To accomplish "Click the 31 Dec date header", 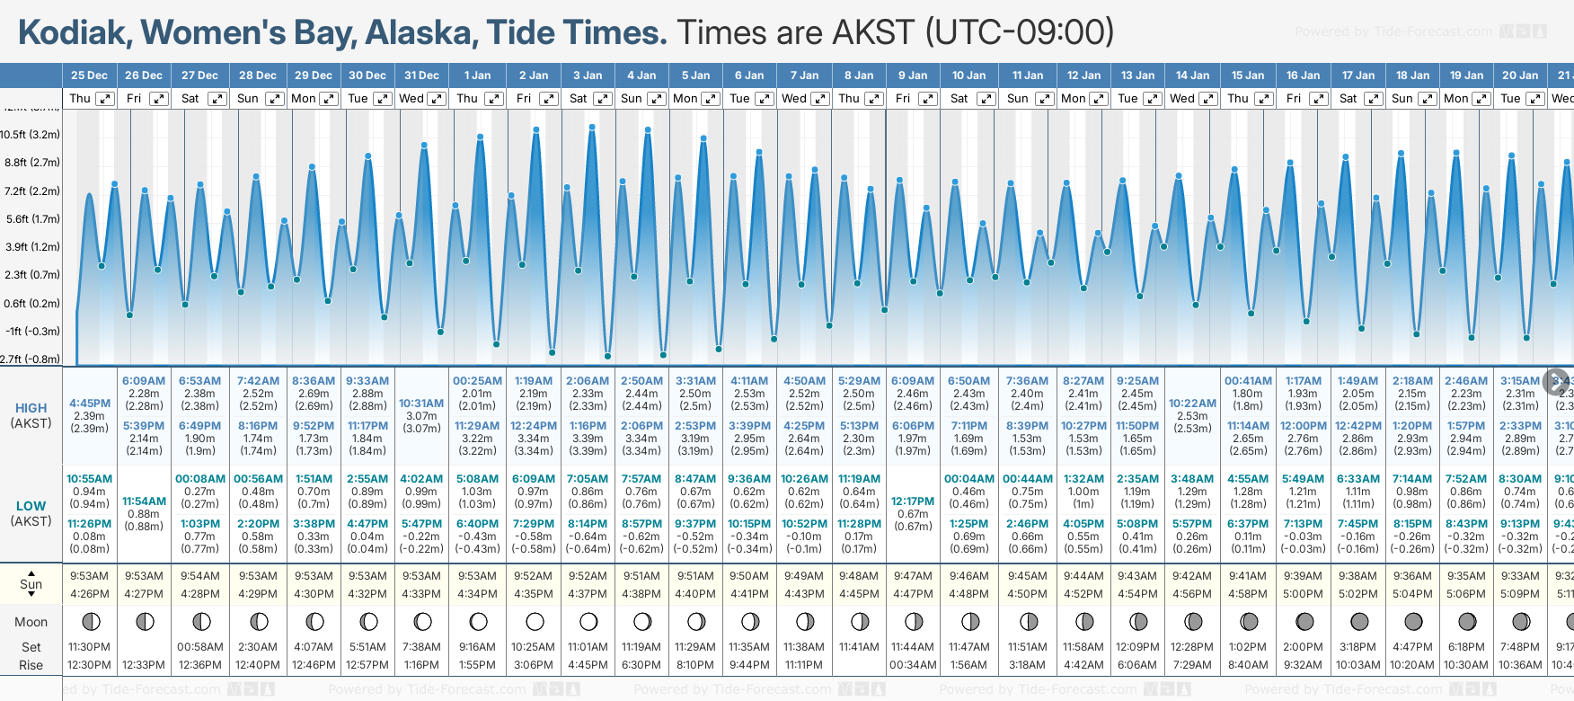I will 421,75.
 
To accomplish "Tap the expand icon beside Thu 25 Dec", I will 105,99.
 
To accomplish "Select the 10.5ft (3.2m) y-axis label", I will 31,135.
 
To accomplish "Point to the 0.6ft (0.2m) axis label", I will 31,304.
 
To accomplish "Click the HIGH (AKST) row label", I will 31,415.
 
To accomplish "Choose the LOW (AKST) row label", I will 31,513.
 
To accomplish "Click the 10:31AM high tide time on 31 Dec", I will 421,404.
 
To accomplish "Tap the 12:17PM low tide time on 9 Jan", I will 913,501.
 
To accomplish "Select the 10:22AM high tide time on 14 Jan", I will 1192,404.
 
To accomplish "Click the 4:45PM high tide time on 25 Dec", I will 90,404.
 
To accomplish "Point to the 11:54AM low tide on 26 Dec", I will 144,501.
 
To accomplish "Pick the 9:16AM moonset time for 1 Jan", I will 477,647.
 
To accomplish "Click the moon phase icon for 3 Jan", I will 588,621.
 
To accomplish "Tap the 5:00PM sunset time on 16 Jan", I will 1303,594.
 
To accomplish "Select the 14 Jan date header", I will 1193,75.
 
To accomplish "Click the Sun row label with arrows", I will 31,584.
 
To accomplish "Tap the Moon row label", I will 31,622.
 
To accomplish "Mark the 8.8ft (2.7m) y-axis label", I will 31,163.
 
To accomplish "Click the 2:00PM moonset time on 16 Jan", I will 1303,647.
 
